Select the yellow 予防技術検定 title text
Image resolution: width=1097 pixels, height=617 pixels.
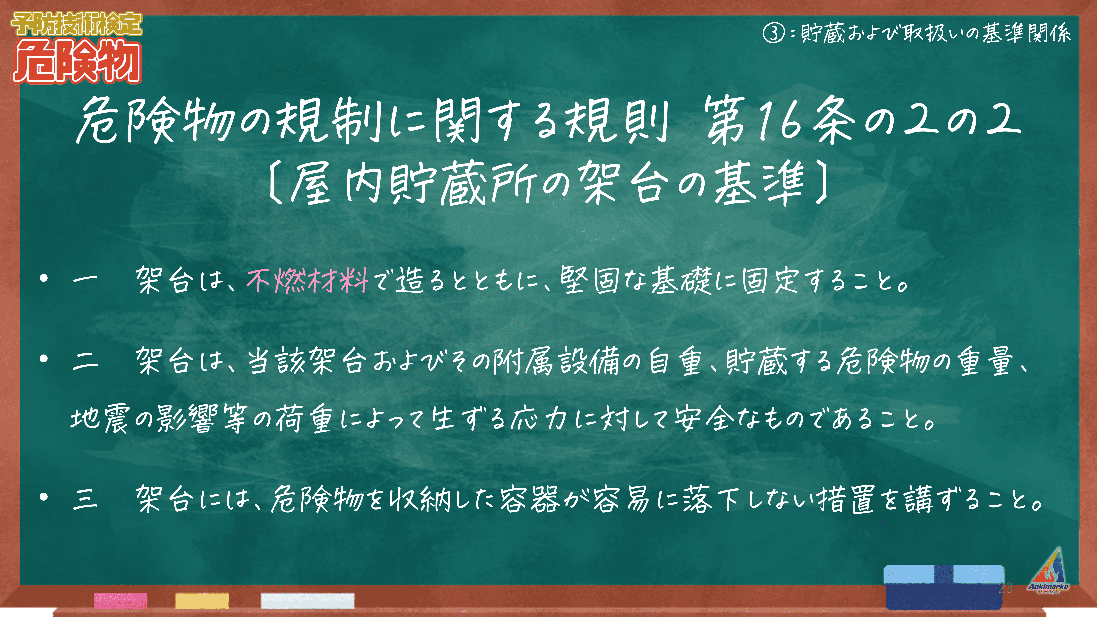pyautogui.click(x=77, y=24)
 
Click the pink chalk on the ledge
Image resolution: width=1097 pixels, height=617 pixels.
pyautogui.click(x=121, y=600)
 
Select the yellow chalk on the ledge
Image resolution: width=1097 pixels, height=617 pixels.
pyautogui.click(x=202, y=600)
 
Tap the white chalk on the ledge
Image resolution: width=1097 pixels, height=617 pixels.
pyautogui.click(x=307, y=600)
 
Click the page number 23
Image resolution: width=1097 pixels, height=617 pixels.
pyautogui.click(x=1006, y=588)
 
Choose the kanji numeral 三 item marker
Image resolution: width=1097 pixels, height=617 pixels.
pyautogui.click(x=85, y=499)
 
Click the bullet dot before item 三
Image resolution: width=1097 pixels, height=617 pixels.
pyautogui.click(x=43, y=497)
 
